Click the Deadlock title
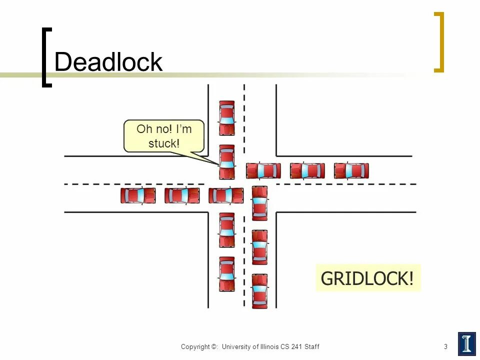(108, 62)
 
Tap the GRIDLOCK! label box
(367, 278)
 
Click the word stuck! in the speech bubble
(163, 143)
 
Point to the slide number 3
(445, 346)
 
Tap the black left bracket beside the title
(46, 57)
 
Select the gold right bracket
(438, 42)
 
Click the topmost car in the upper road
(226, 118)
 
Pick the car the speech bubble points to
(226, 162)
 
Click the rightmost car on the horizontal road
(351, 171)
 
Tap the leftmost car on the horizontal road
(138, 195)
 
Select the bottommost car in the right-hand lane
(259, 291)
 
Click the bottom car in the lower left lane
(226, 274)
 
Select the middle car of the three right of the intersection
(307, 171)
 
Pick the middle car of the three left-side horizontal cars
(182, 195)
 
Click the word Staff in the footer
(312, 346)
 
